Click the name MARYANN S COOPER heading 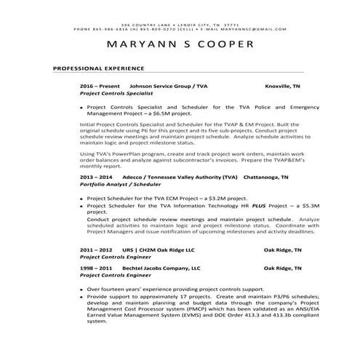point(180,44)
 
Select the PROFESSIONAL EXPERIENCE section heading point(99,69)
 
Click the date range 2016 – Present point(99,86)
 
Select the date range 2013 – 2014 point(96,177)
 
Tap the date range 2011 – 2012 point(96,249)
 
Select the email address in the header point(254,29)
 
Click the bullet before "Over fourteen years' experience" point(81,289)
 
